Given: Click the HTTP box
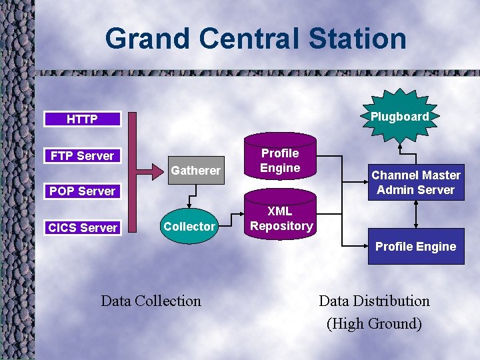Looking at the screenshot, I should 82,119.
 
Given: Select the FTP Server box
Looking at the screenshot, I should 82,155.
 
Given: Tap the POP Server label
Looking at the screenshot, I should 82,191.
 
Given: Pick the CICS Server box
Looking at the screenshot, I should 82,227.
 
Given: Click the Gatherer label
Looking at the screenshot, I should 195,171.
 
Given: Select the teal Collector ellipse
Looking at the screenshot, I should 189,227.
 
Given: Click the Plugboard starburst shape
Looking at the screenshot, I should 399,117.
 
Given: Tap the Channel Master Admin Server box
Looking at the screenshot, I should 416,182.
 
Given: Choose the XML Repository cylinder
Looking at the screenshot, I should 281,219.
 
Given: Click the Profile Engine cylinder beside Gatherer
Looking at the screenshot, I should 280,161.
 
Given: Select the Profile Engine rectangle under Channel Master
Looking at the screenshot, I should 416,247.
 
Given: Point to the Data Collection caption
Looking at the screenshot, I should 151,301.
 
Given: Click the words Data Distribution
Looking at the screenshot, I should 374,301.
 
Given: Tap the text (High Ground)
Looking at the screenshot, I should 374,324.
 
